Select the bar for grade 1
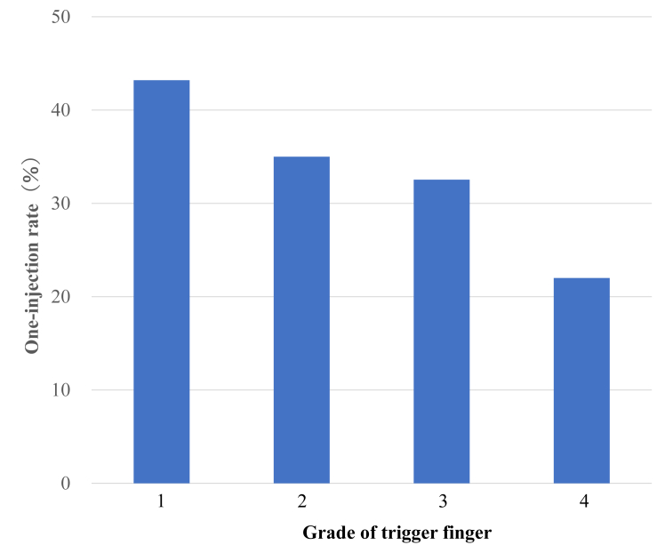161,282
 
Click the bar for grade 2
301,320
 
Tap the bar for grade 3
441,332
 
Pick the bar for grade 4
581,381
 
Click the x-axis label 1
161,502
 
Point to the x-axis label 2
301,502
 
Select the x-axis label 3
442,502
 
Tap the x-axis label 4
582,502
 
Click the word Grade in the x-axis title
325,533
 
